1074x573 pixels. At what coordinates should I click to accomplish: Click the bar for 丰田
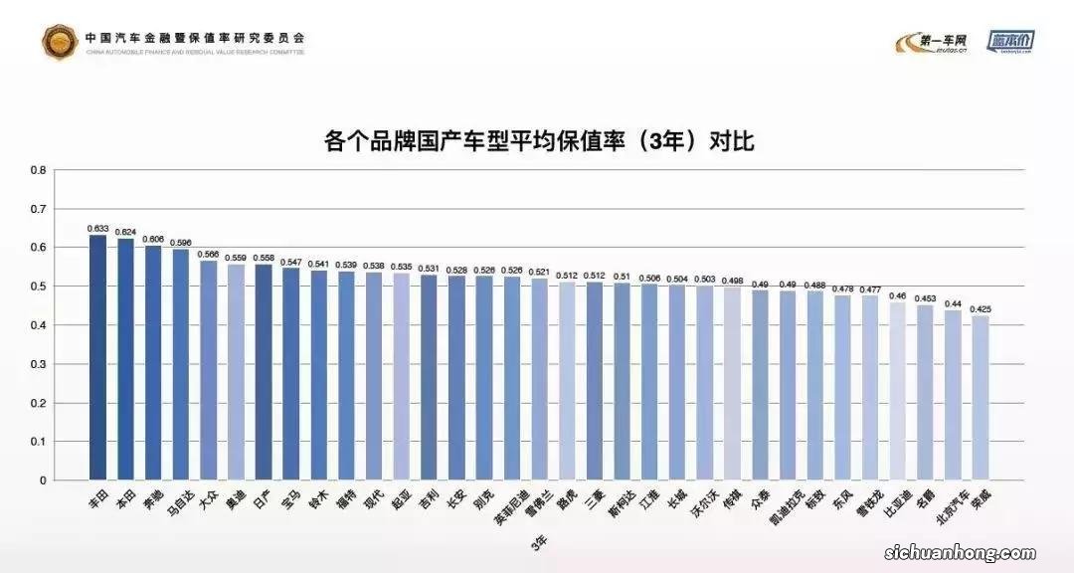97,358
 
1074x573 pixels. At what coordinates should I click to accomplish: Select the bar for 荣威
980,398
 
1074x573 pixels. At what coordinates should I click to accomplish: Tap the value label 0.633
97,228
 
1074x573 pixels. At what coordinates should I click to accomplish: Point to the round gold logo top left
60,41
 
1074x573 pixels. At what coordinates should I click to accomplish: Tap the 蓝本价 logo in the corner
1012,41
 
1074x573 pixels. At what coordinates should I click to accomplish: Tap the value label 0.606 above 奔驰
153,239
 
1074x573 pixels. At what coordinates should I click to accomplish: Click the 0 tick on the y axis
42,480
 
